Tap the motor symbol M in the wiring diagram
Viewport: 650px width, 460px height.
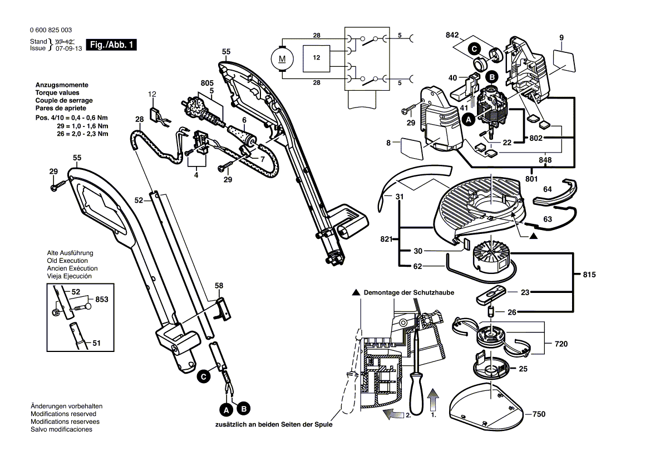(x=282, y=57)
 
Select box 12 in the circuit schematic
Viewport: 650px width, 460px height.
(x=316, y=57)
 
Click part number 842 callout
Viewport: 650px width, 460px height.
(x=453, y=35)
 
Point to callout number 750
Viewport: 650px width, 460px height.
(x=539, y=414)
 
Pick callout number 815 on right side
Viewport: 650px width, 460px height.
(x=589, y=275)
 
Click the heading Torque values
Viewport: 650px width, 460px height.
(x=57, y=93)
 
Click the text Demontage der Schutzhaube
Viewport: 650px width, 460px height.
(x=409, y=292)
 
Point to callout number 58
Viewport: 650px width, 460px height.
(x=219, y=285)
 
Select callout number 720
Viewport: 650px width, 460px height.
(x=561, y=344)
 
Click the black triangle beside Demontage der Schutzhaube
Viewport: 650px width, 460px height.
(x=355, y=292)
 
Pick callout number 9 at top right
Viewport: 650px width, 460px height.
(x=562, y=37)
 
